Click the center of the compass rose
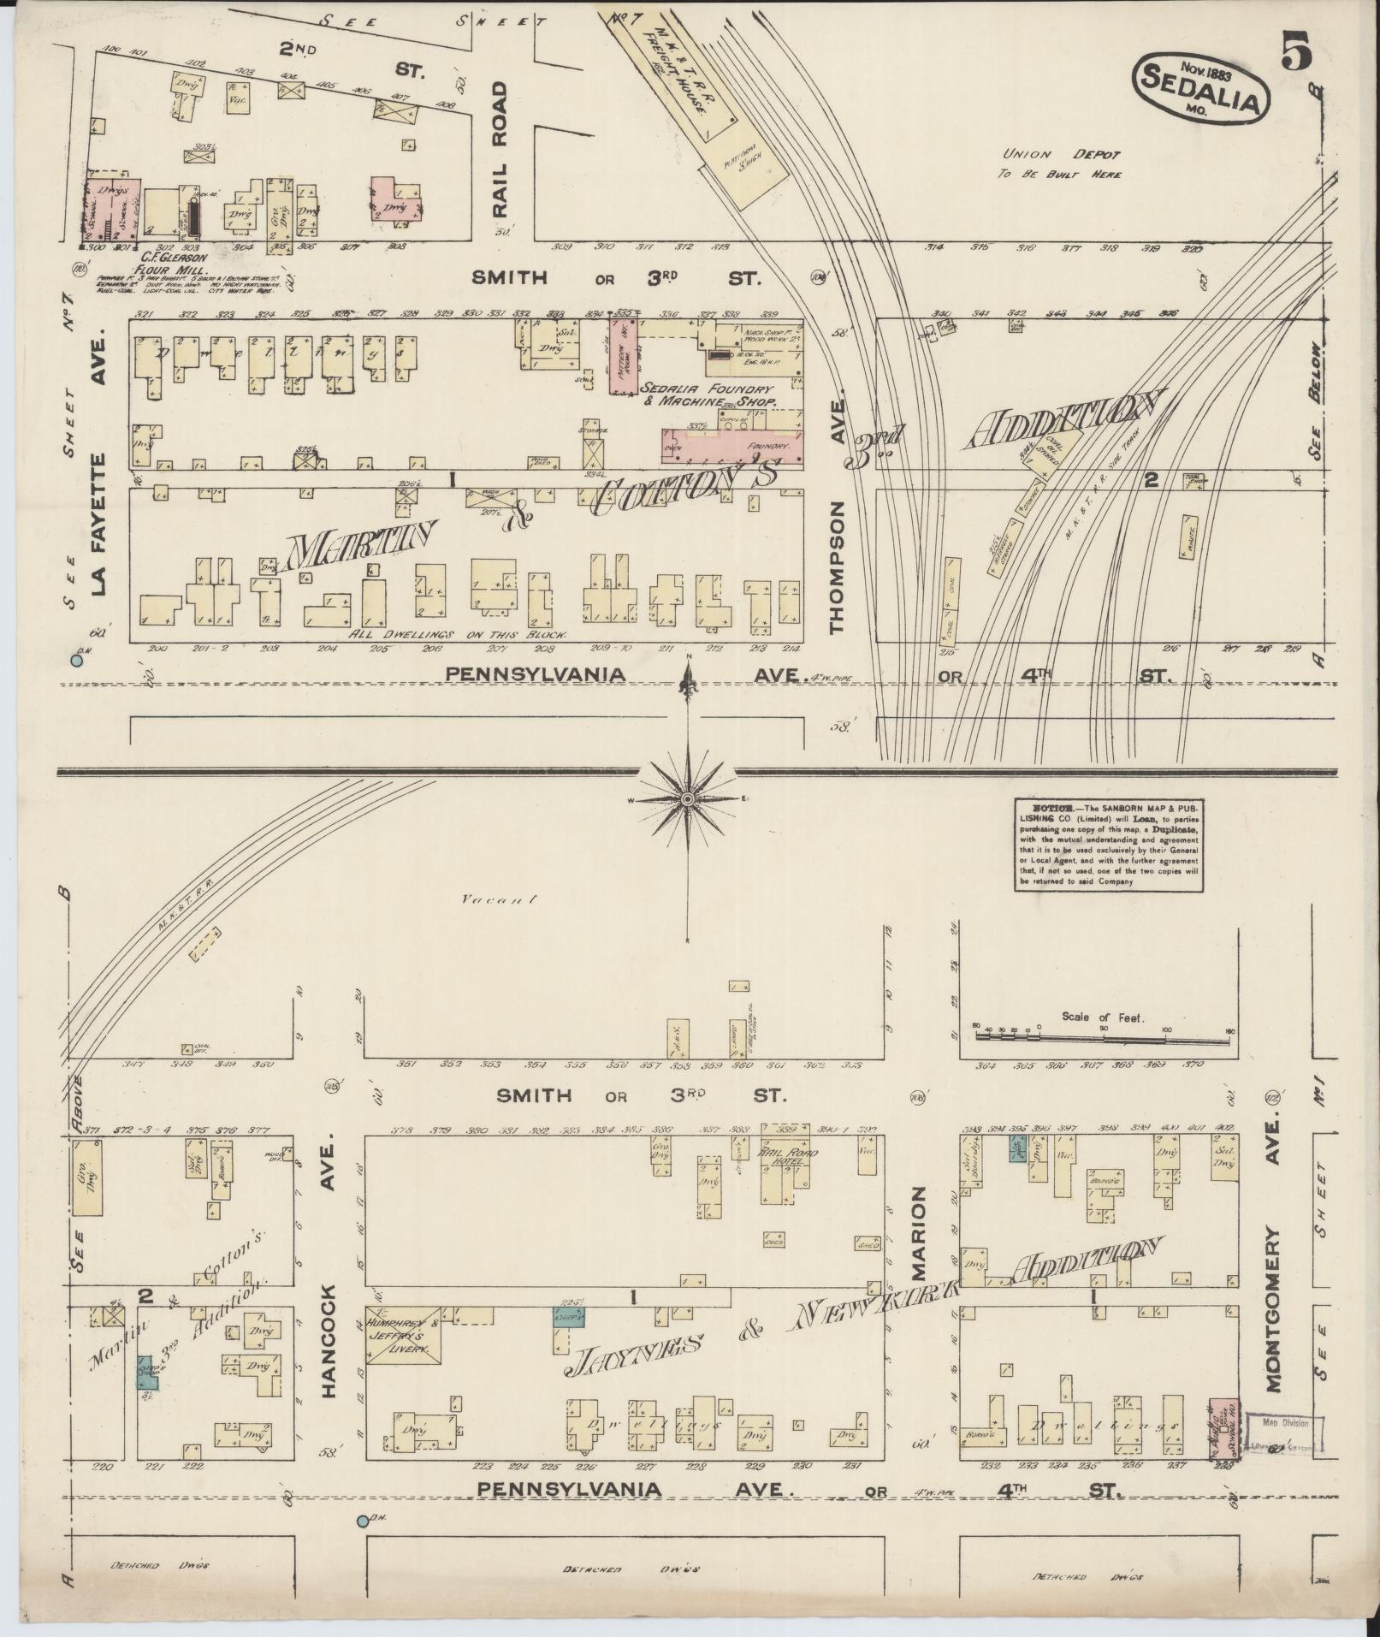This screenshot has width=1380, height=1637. pyautogui.click(x=686, y=798)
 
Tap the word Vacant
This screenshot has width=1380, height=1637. pyautogui.click(x=497, y=899)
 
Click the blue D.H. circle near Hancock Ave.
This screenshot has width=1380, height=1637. pyautogui.click(x=362, y=1521)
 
